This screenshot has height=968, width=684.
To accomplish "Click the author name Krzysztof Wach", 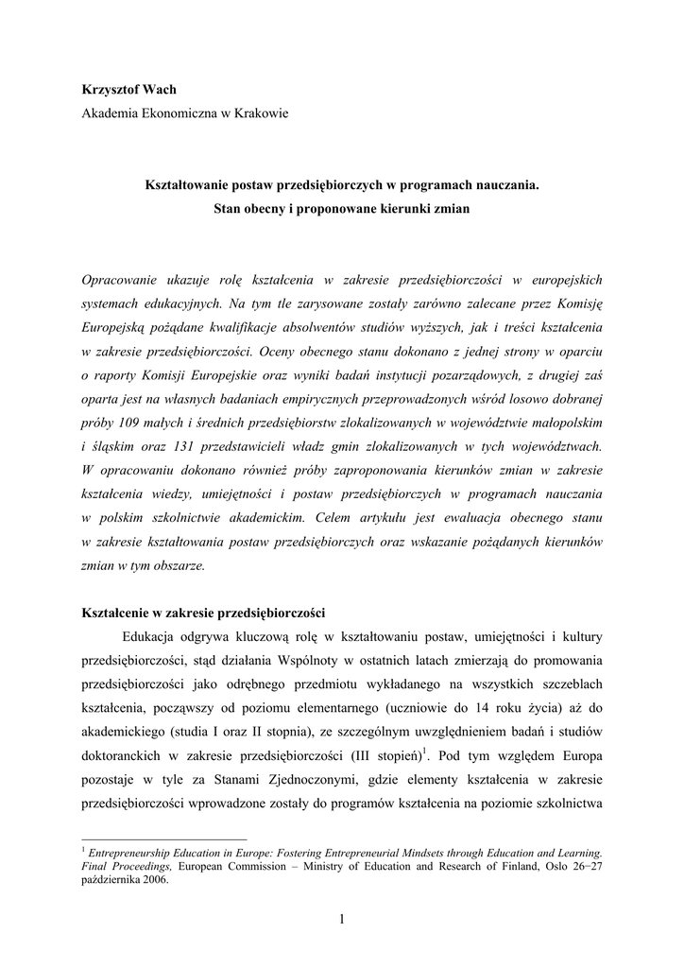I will [129, 90].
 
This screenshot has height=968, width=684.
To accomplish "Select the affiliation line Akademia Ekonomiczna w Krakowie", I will [185, 113].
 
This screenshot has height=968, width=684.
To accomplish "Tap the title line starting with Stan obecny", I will [341, 208].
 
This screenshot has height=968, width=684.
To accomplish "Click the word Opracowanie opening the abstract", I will [124, 280].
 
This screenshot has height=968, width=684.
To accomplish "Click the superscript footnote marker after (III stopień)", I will [423, 751].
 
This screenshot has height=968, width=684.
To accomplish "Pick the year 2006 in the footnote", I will [155, 878].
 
